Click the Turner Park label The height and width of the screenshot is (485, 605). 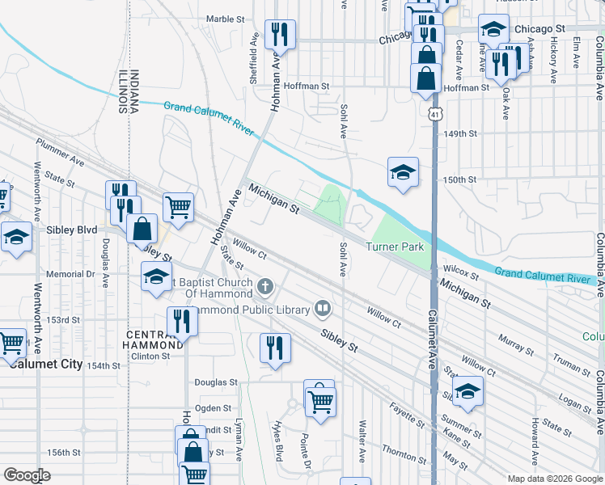pyautogui.click(x=395, y=247)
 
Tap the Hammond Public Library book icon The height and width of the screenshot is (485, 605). pyautogui.click(x=323, y=308)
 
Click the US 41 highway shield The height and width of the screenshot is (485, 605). pyautogui.click(x=435, y=114)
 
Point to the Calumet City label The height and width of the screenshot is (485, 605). pyautogui.click(x=46, y=364)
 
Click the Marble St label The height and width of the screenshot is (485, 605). pyautogui.click(x=225, y=19)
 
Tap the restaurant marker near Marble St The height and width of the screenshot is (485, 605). pyautogui.click(x=280, y=34)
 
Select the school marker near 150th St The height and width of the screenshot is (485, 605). pyautogui.click(x=403, y=172)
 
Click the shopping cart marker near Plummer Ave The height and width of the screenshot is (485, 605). pyautogui.click(x=178, y=206)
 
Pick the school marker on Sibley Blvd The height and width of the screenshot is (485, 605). pyautogui.click(x=15, y=238)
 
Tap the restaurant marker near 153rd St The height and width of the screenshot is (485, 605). pyautogui.click(x=182, y=322)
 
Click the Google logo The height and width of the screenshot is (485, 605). pyautogui.click(x=27, y=475)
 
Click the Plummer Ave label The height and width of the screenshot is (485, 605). pyautogui.click(x=60, y=151)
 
